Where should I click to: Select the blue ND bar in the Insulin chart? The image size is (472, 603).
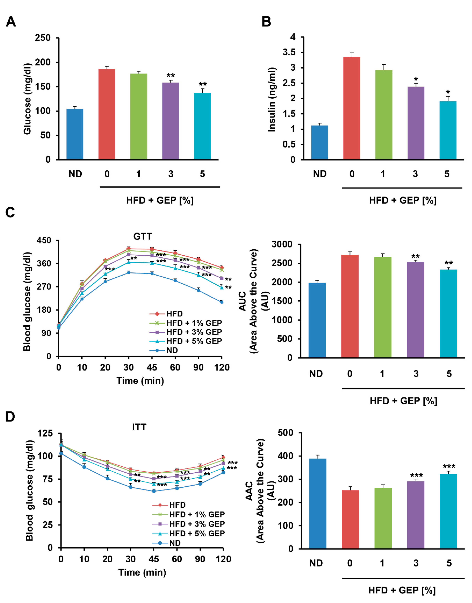320,142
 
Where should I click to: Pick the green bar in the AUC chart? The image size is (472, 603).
383,307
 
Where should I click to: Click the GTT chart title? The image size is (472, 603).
143,237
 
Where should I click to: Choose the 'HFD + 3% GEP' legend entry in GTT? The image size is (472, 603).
186,332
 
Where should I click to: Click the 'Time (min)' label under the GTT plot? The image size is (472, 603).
140,381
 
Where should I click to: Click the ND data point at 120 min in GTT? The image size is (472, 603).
222,302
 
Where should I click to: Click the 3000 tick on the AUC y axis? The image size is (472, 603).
282,244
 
